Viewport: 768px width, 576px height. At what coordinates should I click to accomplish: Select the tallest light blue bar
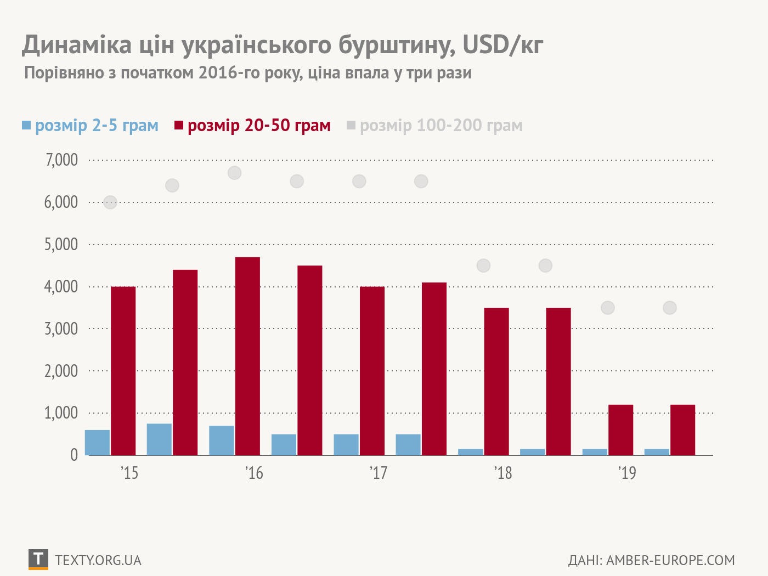159,439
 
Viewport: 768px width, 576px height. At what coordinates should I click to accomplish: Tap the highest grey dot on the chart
234,173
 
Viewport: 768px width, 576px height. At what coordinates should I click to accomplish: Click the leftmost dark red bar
123,370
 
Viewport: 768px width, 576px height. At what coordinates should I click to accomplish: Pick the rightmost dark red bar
682,430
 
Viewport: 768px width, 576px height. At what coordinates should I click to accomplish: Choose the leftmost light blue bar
97,442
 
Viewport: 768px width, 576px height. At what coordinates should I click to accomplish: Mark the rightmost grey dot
669,308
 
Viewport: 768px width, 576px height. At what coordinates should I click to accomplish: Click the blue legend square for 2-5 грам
26,125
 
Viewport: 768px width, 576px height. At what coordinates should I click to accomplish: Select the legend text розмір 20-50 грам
259,125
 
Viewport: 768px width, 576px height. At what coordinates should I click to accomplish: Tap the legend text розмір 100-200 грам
441,125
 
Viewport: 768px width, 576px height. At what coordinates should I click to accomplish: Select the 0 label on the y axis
74,455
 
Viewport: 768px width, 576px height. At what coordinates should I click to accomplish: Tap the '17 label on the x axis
379,473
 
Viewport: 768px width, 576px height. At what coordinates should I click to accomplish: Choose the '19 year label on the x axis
627,473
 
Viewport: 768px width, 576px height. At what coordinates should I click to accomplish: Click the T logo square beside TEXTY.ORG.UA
38,559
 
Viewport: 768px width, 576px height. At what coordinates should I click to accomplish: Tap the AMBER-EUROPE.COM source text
670,560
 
